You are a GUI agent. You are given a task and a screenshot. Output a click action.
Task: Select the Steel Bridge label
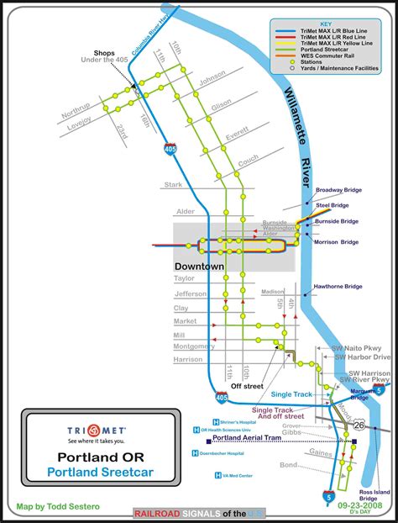332,203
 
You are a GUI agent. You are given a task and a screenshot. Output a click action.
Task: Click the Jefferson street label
190,294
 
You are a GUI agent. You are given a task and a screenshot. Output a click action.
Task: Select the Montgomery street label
195,346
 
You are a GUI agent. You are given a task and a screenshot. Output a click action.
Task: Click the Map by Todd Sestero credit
55,507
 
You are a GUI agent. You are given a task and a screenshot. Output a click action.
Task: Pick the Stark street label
173,184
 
